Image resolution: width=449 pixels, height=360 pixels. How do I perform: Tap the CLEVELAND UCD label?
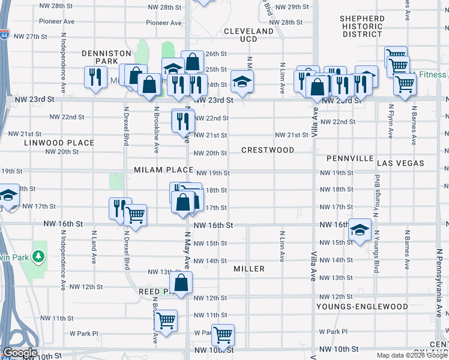coord(249,35)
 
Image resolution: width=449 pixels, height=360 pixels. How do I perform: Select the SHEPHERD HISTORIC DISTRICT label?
coord(362,26)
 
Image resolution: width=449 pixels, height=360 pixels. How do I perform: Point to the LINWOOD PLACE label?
coord(59,143)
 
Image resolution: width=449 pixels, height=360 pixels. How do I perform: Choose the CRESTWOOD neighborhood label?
coord(268,150)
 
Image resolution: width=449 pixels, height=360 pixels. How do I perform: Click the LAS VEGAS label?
coord(400,163)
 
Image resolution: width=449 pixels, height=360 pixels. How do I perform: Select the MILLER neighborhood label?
coord(249,269)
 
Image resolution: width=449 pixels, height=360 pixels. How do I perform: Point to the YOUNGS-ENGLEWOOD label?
coord(363,307)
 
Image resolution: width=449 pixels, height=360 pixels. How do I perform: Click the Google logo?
coord(20,353)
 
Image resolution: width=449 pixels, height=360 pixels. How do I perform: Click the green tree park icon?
coord(40,257)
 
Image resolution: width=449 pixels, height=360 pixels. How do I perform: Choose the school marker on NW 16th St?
coord(359,230)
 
